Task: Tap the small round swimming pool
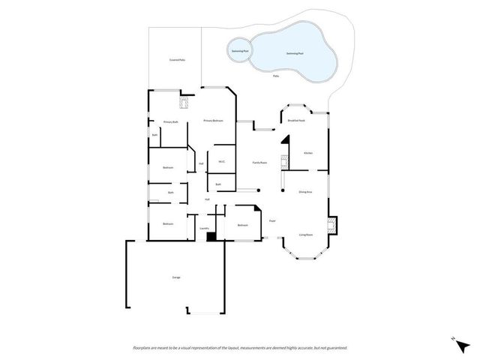[238, 50]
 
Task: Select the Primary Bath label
[170, 121]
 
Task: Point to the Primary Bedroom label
[213, 121]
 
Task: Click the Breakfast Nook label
[295, 120]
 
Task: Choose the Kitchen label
[307, 153]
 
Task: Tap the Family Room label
[260, 163]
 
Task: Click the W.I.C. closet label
[222, 161]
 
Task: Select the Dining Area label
[305, 193]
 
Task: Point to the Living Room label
[306, 234]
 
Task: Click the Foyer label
[272, 220]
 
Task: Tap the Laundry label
[204, 228]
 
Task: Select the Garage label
[176, 277]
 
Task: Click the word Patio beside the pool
[276, 76]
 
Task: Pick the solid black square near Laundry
[211, 237]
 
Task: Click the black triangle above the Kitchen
[286, 141]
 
